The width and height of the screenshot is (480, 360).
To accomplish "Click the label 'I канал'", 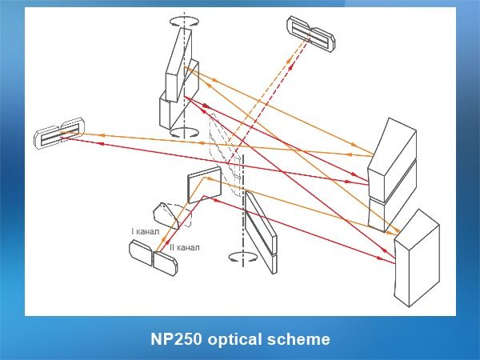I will tap(146, 232).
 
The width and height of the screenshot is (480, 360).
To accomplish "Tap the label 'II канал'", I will tap(184, 247).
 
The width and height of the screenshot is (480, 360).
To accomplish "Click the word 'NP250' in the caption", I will tap(175, 339).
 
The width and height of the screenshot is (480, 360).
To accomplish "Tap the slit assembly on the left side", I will tap(56, 134).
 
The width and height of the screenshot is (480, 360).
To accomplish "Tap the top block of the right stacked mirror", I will tap(392, 151).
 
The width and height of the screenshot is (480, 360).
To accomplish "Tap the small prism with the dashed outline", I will tap(170, 214).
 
